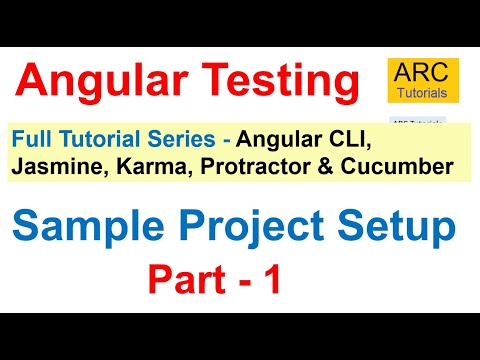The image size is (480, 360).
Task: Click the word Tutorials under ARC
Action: (x=421, y=94)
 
